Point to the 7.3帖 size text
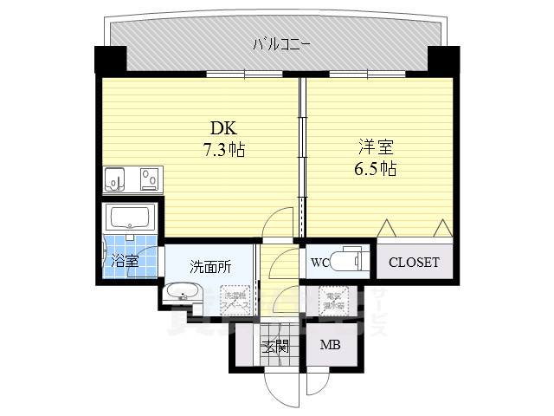[x=223, y=150]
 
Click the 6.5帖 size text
[x=375, y=169]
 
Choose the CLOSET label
[x=413, y=262]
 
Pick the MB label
[x=330, y=346]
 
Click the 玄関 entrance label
[x=275, y=347]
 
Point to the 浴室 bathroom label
[x=124, y=260]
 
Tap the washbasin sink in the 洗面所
[x=183, y=292]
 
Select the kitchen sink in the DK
[x=115, y=179]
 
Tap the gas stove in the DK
[x=149, y=179]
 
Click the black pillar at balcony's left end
[x=111, y=61]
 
